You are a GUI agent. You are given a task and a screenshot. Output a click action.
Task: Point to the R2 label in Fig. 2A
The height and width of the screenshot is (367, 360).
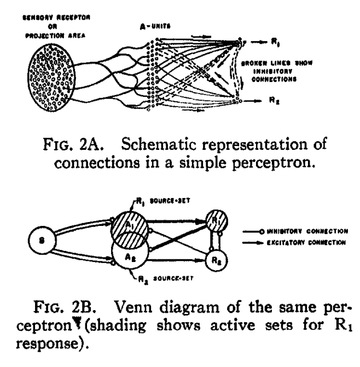click(272, 101)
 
